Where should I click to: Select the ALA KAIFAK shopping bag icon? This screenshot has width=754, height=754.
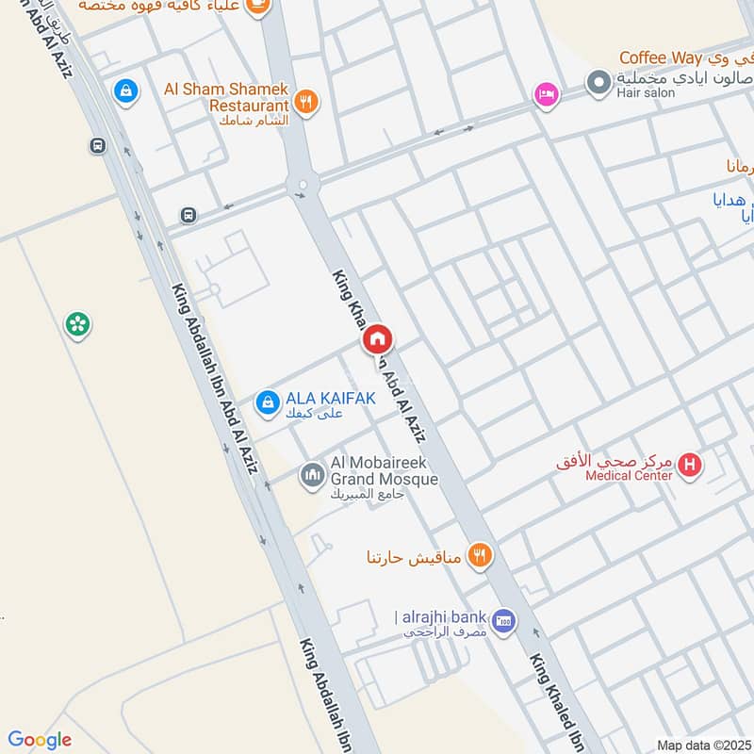pyautogui.click(x=268, y=402)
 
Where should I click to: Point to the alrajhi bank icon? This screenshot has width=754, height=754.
pyautogui.click(x=504, y=619)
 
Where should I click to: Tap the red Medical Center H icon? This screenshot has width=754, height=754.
pyautogui.click(x=691, y=465)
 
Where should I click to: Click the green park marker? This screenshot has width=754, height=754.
pyautogui.click(x=77, y=326)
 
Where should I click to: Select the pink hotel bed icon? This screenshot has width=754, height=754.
pyautogui.click(x=546, y=94)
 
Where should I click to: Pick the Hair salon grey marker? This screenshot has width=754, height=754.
pyautogui.click(x=598, y=83)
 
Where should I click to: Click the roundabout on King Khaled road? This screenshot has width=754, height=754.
pyautogui.click(x=302, y=185)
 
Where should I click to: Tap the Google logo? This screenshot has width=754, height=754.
pyautogui.click(x=40, y=740)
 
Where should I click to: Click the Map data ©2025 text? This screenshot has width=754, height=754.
pyautogui.click(x=703, y=745)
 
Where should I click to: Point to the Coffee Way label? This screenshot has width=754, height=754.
pyautogui.click(x=661, y=59)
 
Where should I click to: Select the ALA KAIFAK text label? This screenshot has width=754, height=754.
pyautogui.click(x=331, y=399)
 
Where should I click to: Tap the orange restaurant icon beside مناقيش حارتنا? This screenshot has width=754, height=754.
pyautogui.click(x=481, y=556)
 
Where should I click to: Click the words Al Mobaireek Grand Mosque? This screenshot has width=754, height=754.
pyautogui.click(x=385, y=471)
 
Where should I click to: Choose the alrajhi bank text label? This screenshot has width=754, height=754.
pyautogui.click(x=441, y=617)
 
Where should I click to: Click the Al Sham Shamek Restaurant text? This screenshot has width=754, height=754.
pyautogui.click(x=225, y=97)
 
